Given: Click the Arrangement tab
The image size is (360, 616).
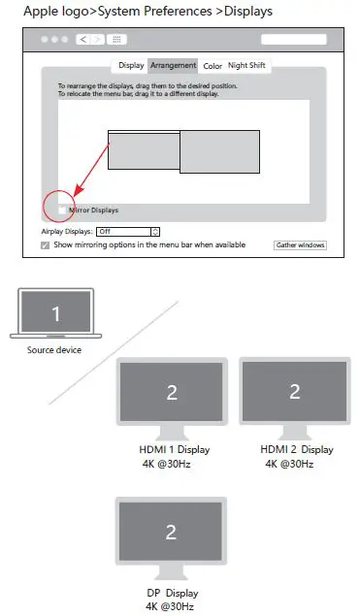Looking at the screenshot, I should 174,66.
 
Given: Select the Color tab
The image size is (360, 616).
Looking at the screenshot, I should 213,66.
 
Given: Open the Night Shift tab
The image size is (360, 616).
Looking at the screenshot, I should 249,66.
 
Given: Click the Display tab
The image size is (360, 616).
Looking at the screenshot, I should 131,66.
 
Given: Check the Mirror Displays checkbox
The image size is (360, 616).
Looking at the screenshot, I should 63,210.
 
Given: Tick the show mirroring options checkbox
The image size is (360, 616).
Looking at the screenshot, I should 46,245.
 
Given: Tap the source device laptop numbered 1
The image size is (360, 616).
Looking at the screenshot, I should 55,314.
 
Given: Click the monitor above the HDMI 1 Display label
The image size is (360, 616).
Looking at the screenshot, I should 172,393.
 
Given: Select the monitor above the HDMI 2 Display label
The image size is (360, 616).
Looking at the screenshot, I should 295,393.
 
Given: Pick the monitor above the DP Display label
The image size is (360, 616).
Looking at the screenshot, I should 172,533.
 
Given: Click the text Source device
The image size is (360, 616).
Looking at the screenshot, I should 54,350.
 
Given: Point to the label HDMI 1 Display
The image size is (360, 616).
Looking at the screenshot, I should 175,450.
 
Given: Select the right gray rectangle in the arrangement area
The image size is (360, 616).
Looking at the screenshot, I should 219,151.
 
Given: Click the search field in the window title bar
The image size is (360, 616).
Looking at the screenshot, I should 294,40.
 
